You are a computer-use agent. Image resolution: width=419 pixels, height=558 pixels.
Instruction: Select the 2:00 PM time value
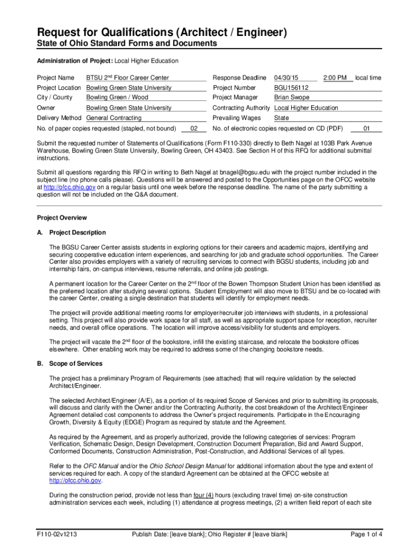click(335, 78)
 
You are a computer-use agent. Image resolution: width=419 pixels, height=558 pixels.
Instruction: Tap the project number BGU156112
click(291, 88)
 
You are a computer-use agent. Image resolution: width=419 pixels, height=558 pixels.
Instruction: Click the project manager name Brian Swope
click(292, 98)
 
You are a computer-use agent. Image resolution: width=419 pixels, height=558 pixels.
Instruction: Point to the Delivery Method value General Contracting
click(114, 118)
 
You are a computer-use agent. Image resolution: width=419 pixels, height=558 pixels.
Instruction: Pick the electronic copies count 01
click(366, 129)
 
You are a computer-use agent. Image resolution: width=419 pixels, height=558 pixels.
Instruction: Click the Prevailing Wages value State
click(281, 118)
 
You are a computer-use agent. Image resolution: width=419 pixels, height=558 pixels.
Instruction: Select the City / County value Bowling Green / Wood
click(117, 98)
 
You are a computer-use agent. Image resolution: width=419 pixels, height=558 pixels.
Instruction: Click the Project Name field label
click(56, 78)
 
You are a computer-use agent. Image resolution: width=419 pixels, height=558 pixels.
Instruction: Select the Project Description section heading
click(77, 233)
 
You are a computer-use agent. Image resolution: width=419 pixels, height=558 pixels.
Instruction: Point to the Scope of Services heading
click(76, 363)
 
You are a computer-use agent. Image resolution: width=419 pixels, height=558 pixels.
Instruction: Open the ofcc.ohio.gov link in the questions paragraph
click(65, 187)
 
